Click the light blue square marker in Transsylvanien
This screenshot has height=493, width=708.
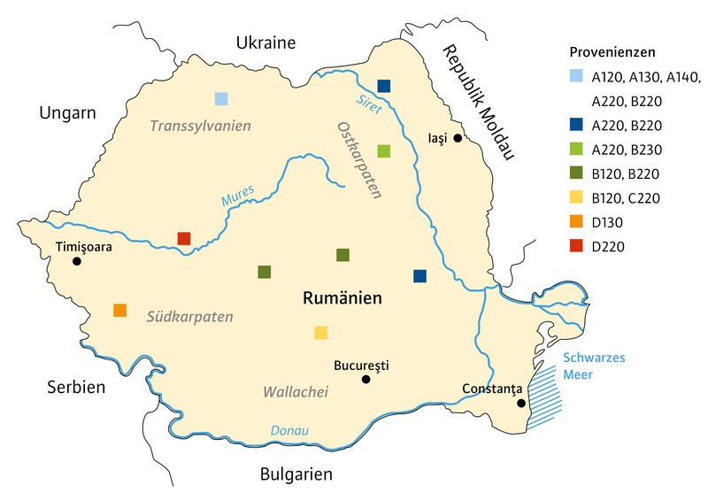[221, 98]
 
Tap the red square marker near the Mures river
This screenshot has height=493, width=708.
[184, 238]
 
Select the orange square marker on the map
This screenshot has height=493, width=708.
[119, 310]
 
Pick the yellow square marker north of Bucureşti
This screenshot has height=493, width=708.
[320, 333]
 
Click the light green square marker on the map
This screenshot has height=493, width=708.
[383, 150]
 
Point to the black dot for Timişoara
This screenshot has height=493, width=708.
[77, 261]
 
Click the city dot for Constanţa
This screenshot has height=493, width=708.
[521, 404]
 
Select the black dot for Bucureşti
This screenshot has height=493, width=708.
[366, 380]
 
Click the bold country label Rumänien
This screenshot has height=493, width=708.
[342, 299]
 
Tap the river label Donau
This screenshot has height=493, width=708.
[289, 431]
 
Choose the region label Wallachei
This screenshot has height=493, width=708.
[296, 391]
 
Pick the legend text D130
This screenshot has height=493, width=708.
[609, 222]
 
